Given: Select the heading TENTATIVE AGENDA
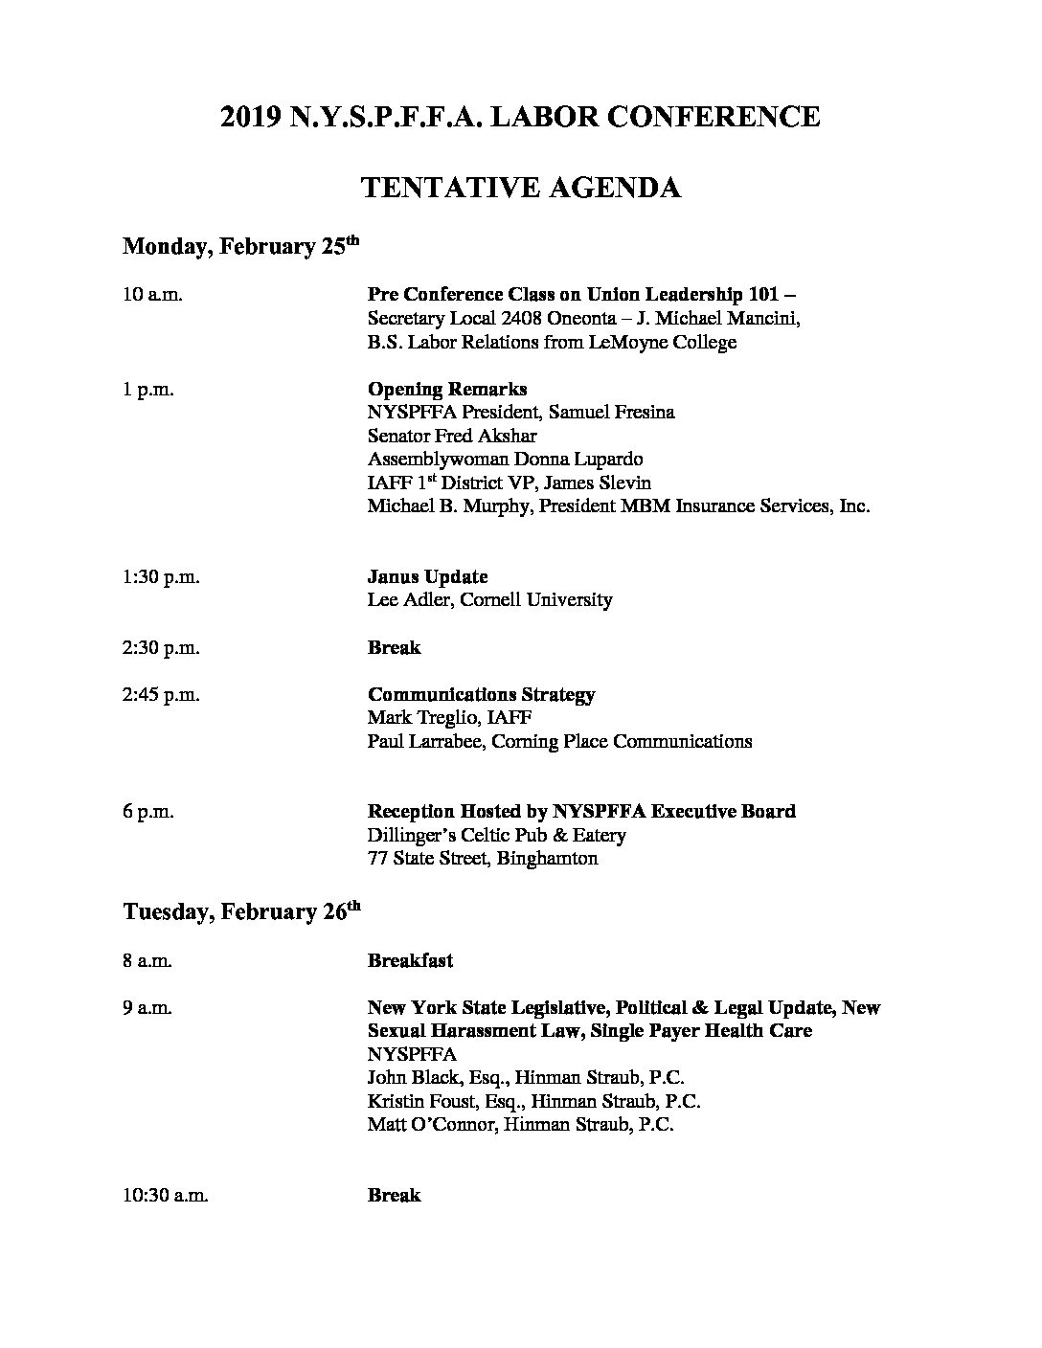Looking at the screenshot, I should point(520,188).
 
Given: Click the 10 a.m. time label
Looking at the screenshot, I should point(152,295).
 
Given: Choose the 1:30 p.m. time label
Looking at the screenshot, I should point(161,577).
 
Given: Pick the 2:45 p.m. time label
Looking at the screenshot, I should point(161,695).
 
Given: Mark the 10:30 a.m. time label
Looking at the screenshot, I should point(166,1196).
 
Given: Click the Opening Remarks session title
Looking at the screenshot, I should point(447,390).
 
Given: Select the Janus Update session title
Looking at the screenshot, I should point(427,577).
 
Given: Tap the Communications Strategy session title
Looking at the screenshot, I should point(481,695).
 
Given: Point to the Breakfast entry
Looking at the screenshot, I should point(410,960).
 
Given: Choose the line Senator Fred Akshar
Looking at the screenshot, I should point(452,437).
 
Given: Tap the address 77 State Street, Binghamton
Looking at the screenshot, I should point(483,859).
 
